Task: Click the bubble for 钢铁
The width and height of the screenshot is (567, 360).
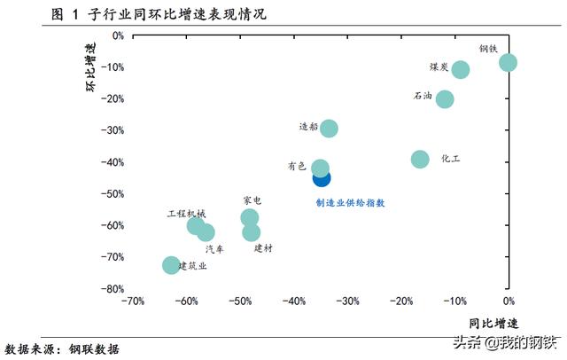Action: click(508, 62)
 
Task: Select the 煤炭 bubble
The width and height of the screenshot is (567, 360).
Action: click(461, 69)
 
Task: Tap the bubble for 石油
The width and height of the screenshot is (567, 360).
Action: click(445, 98)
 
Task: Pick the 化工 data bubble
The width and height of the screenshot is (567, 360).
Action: click(420, 159)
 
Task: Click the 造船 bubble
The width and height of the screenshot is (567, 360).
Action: click(329, 129)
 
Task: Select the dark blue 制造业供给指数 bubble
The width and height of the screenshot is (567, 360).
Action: click(322, 178)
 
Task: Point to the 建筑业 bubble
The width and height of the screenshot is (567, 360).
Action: click(171, 265)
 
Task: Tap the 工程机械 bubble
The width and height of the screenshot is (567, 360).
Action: click(196, 226)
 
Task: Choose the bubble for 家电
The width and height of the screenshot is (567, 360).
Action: click(250, 217)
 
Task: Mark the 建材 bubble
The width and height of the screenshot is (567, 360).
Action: click(252, 233)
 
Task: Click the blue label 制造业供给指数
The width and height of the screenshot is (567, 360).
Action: click(351, 202)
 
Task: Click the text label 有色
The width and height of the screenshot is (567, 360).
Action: click(296, 166)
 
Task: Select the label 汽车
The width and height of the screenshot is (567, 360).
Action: click(214, 249)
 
